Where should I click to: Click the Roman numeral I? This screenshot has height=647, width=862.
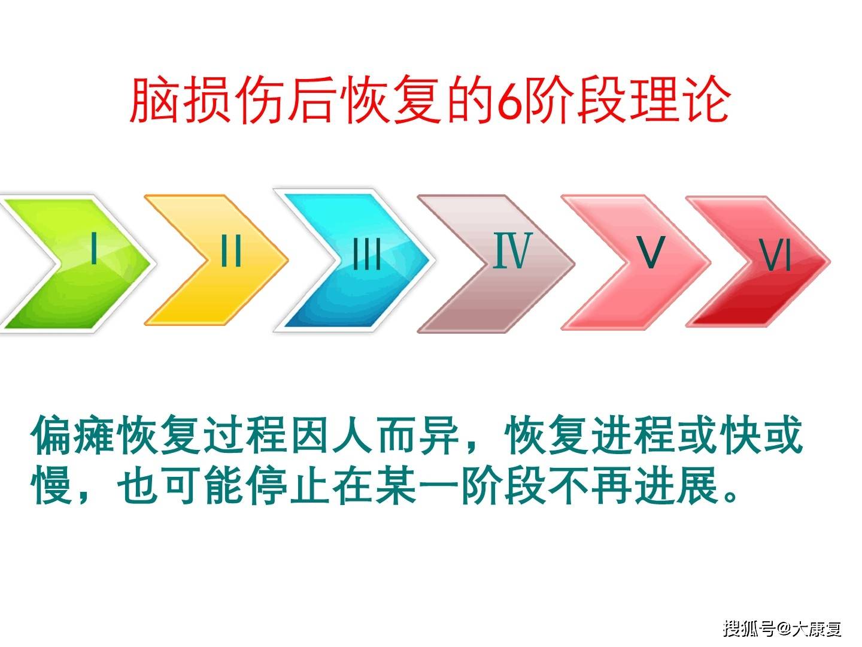tap(93, 248)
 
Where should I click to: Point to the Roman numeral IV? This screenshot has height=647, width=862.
tap(512, 250)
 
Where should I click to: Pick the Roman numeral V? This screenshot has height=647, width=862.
tap(650, 252)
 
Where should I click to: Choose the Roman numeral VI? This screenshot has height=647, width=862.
tap(776, 256)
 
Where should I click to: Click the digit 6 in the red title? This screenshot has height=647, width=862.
tap(509, 100)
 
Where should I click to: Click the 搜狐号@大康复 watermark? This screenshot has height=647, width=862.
tap(782, 628)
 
